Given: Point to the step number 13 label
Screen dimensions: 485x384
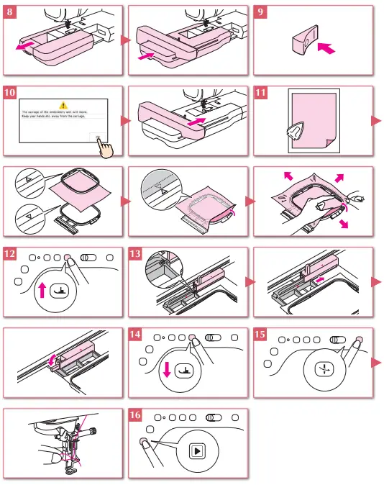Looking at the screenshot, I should click(x=136, y=255).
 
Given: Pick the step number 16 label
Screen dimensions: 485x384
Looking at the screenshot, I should click(x=136, y=416).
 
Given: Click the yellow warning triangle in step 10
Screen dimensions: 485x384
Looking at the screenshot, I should click(x=63, y=105).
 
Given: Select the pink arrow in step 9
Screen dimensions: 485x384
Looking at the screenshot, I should click(x=326, y=50).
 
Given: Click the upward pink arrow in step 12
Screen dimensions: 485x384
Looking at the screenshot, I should click(x=42, y=290).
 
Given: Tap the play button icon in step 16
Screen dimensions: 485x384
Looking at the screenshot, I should click(x=196, y=451).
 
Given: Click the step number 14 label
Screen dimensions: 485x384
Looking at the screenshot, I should click(x=136, y=335).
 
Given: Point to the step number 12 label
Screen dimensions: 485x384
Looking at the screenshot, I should click(x=10, y=255).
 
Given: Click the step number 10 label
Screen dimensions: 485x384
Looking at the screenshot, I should click(x=10, y=94).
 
